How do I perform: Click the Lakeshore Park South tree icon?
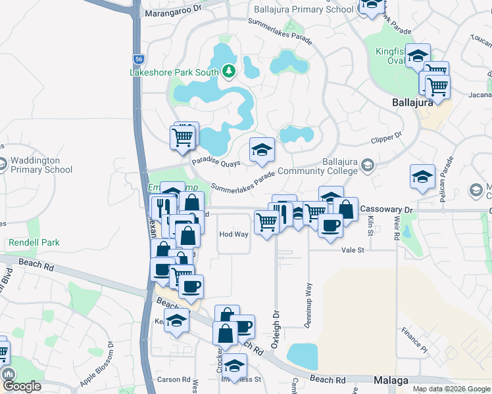[x=228, y=70]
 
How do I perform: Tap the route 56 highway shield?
[x=137, y=58]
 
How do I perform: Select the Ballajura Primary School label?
[x=304, y=9]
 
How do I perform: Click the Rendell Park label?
[x=34, y=242]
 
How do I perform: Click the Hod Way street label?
[x=234, y=234]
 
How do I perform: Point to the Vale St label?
[x=353, y=250]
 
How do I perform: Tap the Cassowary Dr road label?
[x=385, y=209]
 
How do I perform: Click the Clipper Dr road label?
[x=386, y=139]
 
